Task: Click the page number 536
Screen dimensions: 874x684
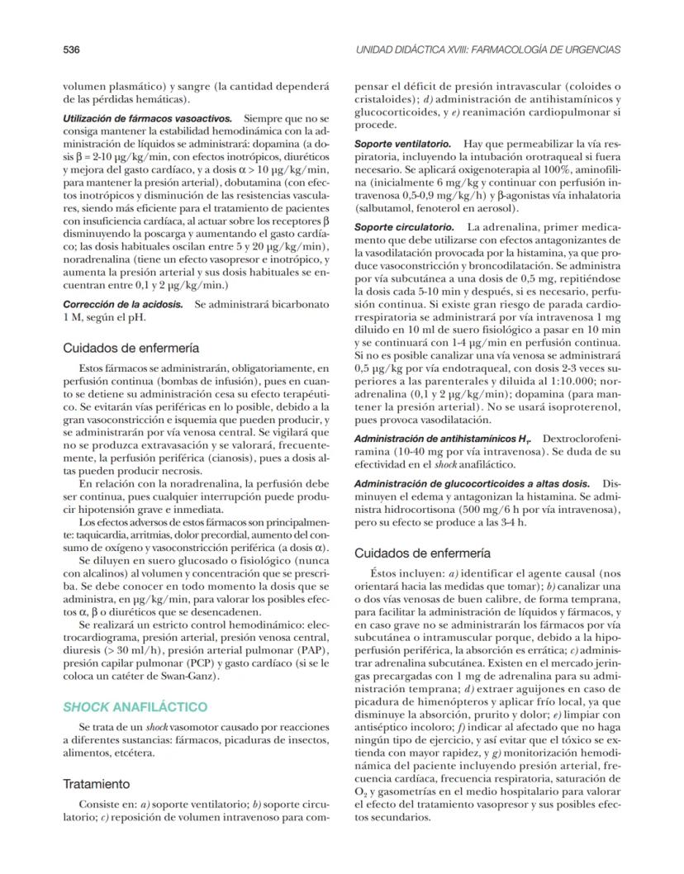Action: [71, 50]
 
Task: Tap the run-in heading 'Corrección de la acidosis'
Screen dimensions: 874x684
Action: [123, 304]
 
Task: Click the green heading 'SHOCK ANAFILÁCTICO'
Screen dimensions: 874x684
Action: [135, 707]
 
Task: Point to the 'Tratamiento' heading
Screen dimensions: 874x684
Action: [97, 783]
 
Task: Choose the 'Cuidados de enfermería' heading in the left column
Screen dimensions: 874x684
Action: [131, 348]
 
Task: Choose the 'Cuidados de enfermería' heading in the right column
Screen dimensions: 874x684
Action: [422, 552]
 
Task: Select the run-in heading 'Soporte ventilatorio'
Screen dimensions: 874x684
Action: [402, 143]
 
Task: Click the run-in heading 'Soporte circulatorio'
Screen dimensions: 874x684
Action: [404, 226]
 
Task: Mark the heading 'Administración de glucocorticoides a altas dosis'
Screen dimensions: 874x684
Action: [472, 482]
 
